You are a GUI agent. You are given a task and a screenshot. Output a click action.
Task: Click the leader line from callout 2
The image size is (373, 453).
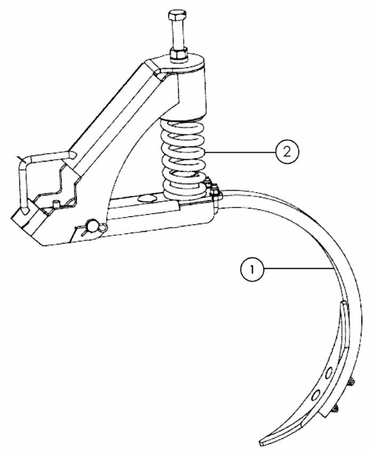[x=240, y=153]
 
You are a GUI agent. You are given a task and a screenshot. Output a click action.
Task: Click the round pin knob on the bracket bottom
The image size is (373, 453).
[x=94, y=227]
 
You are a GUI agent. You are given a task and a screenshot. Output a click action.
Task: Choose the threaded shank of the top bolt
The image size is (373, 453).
[x=177, y=36]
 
